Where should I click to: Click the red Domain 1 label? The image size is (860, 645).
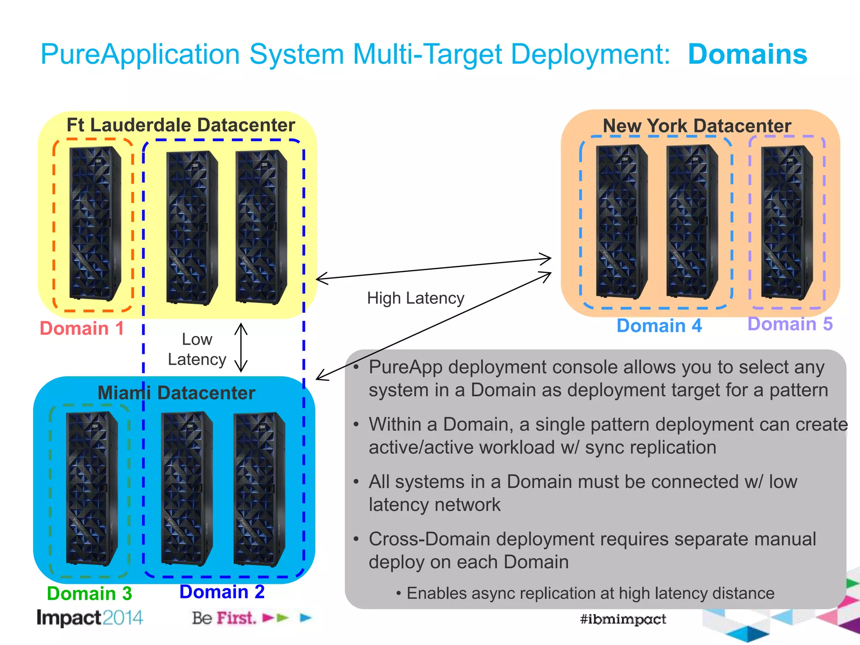(82, 328)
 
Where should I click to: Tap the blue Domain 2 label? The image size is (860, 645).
(222, 592)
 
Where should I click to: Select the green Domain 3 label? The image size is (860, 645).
(89, 594)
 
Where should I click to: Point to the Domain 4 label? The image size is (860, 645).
(659, 326)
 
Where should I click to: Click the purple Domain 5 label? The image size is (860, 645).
(790, 324)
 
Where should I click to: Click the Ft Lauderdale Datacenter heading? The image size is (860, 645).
(181, 125)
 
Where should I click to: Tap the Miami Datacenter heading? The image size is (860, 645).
(176, 393)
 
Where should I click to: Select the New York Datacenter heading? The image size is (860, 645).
(697, 126)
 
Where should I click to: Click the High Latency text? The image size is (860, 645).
(415, 298)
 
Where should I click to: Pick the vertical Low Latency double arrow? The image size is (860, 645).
(241, 348)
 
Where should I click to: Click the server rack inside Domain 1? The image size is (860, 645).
(95, 223)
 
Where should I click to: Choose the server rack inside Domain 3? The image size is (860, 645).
(92, 489)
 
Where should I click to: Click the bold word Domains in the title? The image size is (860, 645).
(747, 55)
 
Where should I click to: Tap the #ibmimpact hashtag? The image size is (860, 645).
(623, 619)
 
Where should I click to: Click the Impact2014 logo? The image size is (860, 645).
(90, 618)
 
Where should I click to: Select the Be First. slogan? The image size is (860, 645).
(223, 618)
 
